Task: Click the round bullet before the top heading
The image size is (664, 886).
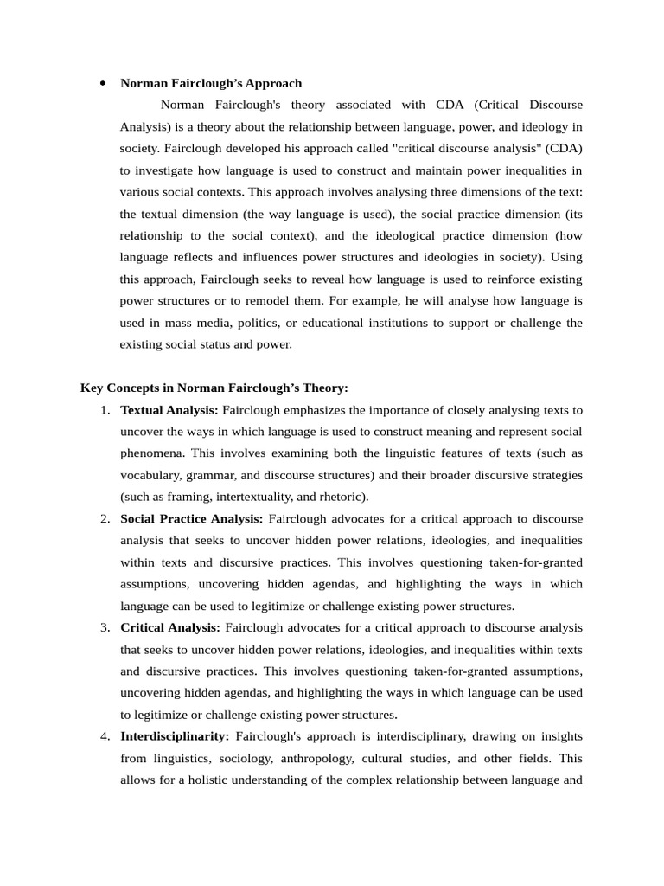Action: pyautogui.click(x=103, y=84)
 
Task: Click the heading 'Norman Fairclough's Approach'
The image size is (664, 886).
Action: pyautogui.click(x=211, y=84)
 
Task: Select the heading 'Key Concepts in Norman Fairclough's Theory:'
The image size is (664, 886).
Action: pyautogui.click(x=214, y=388)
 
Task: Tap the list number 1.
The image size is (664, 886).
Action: pyautogui.click(x=104, y=410)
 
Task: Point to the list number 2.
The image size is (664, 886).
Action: pyautogui.click(x=104, y=519)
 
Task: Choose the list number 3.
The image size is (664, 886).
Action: pyautogui.click(x=104, y=627)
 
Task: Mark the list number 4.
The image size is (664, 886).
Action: pyautogui.click(x=104, y=736)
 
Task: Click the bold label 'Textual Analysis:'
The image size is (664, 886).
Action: pyautogui.click(x=169, y=410)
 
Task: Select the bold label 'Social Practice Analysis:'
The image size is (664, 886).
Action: pyautogui.click(x=191, y=519)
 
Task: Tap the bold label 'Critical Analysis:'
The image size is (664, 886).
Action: pyautogui.click(x=170, y=627)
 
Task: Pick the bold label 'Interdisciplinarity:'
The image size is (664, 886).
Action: pyautogui.click(x=175, y=736)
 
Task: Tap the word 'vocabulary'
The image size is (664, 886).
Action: pyautogui.click(x=150, y=475)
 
